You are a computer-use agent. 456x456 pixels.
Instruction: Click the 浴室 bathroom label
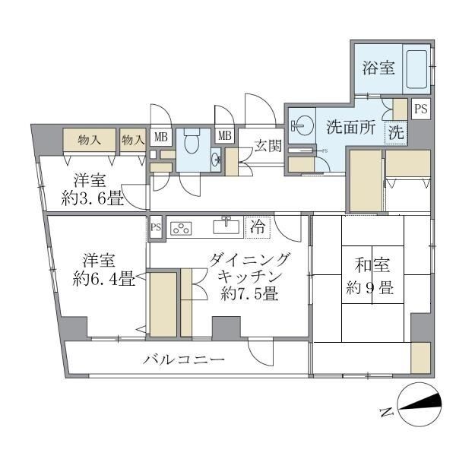tap(378, 68)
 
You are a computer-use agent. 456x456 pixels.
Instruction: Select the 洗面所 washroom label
tap(351, 128)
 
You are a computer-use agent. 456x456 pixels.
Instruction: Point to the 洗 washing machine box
tap(396, 131)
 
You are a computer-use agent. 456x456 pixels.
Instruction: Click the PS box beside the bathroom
tap(420, 109)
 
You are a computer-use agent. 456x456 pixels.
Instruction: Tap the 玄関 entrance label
tap(266, 144)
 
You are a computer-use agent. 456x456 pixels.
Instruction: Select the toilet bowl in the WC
tap(192, 141)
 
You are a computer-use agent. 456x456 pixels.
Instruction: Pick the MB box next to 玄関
tap(226, 136)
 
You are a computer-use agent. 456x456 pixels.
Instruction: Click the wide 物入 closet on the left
tap(90, 140)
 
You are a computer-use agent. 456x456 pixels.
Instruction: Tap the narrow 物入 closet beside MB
tap(134, 140)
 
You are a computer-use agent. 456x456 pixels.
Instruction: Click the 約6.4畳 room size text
tap(104, 279)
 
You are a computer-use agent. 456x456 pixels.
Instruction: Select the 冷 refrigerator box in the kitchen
tap(258, 226)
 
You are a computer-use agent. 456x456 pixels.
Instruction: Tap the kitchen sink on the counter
tap(226, 226)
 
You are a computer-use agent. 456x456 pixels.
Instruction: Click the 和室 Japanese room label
tap(372, 265)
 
